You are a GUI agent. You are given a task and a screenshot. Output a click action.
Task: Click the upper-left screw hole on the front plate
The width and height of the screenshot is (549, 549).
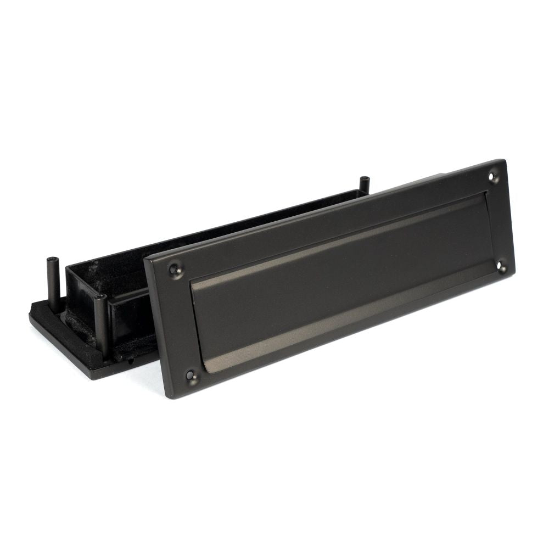(x=175, y=269)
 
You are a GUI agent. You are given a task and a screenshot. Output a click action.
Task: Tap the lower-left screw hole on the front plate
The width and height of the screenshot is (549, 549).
(x=191, y=376)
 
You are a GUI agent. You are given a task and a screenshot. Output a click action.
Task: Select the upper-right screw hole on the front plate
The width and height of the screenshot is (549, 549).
(x=492, y=177)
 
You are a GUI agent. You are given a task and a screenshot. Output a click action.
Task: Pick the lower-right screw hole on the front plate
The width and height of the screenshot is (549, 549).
(x=501, y=267)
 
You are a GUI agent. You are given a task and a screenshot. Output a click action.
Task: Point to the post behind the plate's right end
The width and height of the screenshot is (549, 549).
(x=363, y=184)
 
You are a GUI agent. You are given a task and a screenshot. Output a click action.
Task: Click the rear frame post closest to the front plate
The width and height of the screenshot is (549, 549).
(x=100, y=324)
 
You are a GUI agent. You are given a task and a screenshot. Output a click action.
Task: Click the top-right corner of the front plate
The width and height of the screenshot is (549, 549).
(x=504, y=160)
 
